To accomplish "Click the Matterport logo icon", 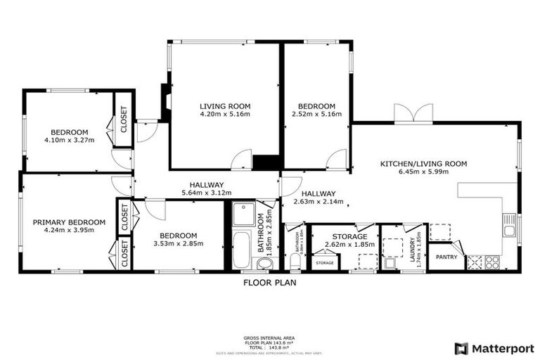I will pyautogui.click(x=461, y=348).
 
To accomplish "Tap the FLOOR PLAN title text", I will pyautogui.click(x=270, y=283).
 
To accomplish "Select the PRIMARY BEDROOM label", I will pyautogui.click(x=69, y=222).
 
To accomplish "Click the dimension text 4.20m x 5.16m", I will pyautogui.click(x=225, y=114).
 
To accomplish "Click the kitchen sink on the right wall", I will pyautogui.click(x=510, y=225).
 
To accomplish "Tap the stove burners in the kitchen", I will pyautogui.click(x=491, y=262).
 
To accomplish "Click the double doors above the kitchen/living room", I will pyautogui.click(x=413, y=113).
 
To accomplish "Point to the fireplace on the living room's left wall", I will pyautogui.click(x=166, y=98).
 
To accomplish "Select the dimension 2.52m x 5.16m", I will pyautogui.click(x=316, y=114).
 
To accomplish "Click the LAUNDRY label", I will pyautogui.click(x=411, y=247).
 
